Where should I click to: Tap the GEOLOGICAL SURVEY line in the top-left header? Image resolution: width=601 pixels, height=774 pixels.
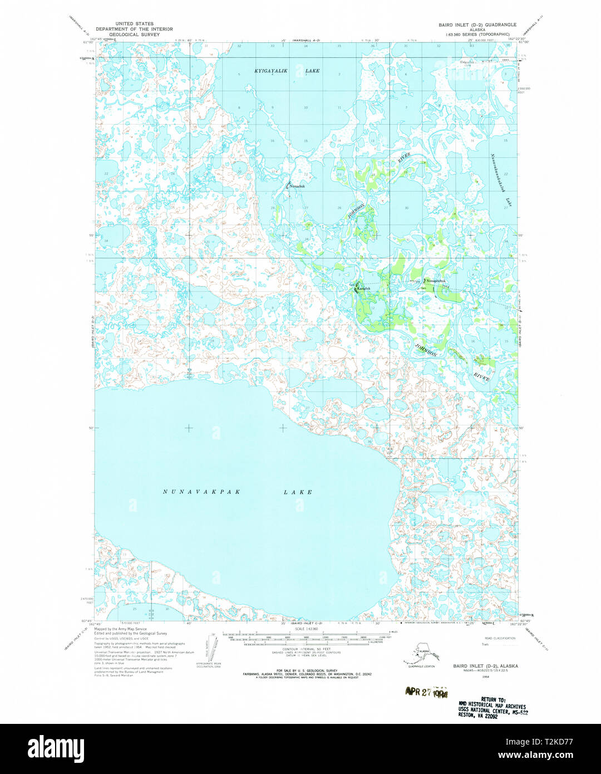(x=134, y=35)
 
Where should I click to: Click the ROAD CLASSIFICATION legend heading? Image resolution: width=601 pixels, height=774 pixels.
(x=500, y=638)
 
